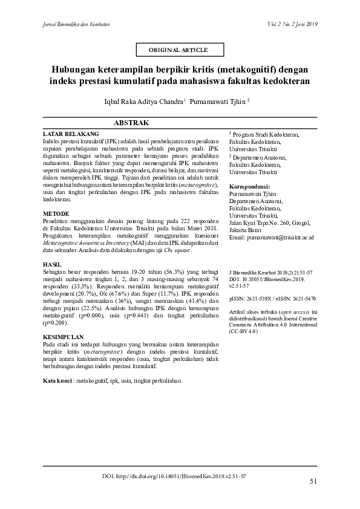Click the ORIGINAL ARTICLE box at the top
(x=178, y=49)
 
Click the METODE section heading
(x=56, y=214)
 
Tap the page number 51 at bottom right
(x=313, y=482)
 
